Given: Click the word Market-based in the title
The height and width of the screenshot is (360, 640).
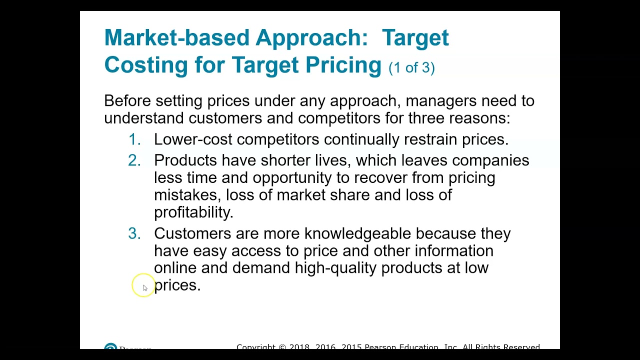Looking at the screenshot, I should [x=176, y=38].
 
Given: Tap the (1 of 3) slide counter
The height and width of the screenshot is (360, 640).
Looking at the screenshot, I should [x=411, y=68].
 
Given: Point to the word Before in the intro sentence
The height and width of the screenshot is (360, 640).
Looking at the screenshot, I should [x=127, y=101].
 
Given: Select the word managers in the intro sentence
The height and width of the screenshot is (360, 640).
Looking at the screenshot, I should [x=440, y=101].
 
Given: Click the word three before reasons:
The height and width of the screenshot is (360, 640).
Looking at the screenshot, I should [x=426, y=118].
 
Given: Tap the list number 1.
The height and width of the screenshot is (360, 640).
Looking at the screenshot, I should [x=134, y=139].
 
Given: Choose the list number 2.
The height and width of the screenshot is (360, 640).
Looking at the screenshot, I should [x=134, y=160].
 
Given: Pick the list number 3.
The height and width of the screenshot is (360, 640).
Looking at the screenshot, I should [x=134, y=233].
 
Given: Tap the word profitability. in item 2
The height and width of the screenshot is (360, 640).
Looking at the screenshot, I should [x=193, y=212].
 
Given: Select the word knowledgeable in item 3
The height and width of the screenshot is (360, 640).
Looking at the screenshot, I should [x=357, y=233].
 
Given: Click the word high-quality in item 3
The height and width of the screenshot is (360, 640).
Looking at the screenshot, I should [x=335, y=268].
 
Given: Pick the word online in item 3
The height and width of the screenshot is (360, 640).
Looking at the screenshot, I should [x=175, y=268].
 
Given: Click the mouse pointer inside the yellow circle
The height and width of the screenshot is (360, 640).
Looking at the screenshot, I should [x=145, y=287].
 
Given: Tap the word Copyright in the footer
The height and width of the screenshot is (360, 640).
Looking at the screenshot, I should [x=255, y=347].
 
